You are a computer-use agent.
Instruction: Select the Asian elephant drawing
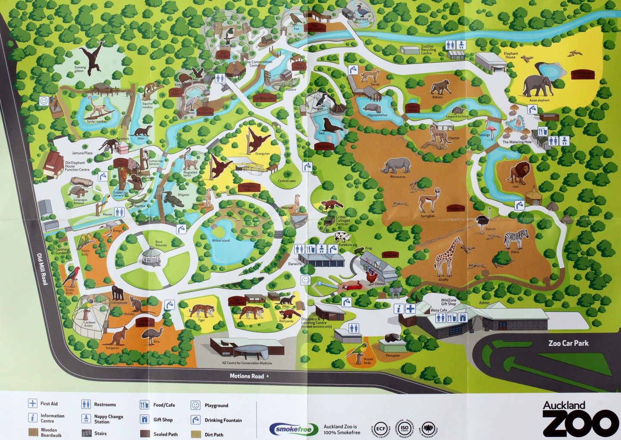pyautogui.click(x=537, y=86)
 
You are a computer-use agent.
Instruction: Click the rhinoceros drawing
pyautogui.click(x=396, y=165)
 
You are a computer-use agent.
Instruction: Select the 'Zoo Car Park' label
pyautogui.click(x=568, y=343)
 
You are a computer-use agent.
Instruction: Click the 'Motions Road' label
pyautogui.click(x=246, y=376)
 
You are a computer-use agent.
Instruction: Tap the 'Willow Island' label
pyautogui.click(x=220, y=240)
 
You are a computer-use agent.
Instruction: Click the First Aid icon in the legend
pyautogui.click(x=32, y=404)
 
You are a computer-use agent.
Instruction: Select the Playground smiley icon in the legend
pyautogui.click(x=195, y=405)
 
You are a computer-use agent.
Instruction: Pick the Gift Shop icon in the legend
pyautogui.click(x=144, y=419)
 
